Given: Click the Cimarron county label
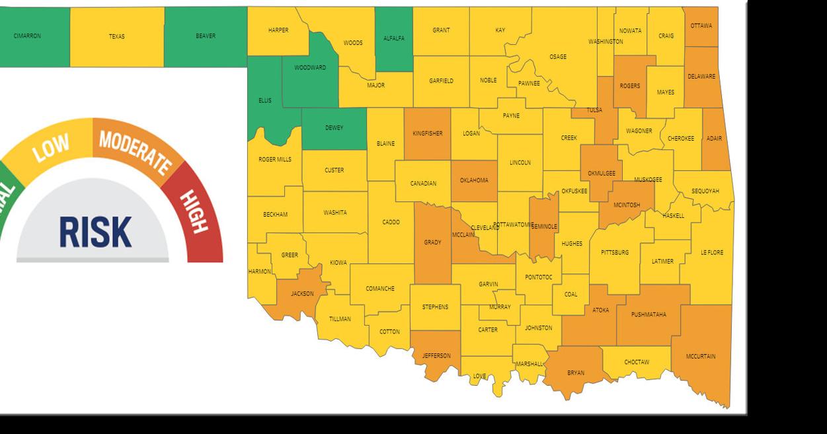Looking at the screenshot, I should pyautogui.click(x=27, y=36).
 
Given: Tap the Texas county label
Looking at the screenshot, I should pyautogui.click(x=117, y=37).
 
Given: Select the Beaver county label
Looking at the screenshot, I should pyautogui.click(x=206, y=36).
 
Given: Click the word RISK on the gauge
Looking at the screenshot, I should pyautogui.click(x=95, y=232).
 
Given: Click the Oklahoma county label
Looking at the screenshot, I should pyautogui.click(x=474, y=180).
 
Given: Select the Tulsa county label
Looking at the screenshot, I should pyautogui.click(x=594, y=110).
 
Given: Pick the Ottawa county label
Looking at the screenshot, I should pyautogui.click(x=701, y=26).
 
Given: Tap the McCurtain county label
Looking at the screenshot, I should pyautogui.click(x=700, y=357).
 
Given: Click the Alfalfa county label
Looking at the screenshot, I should pyautogui.click(x=394, y=38).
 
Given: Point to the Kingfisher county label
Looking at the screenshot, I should pyautogui.click(x=427, y=133).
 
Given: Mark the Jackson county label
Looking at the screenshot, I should pyautogui.click(x=302, y=294).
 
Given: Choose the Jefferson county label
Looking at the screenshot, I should pyautogui.click(x=436, y=356).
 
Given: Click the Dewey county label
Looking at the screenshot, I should pyautogui.click(x=334, y=128).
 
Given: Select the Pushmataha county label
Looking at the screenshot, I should pyautogui.click(x=649, y=314).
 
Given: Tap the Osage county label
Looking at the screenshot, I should pyautogui.click(x=558, y=57).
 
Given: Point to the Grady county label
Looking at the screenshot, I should pyautogui.click(x=432, y=242).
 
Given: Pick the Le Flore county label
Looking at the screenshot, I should pyautogui.click(x=712, y=253).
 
